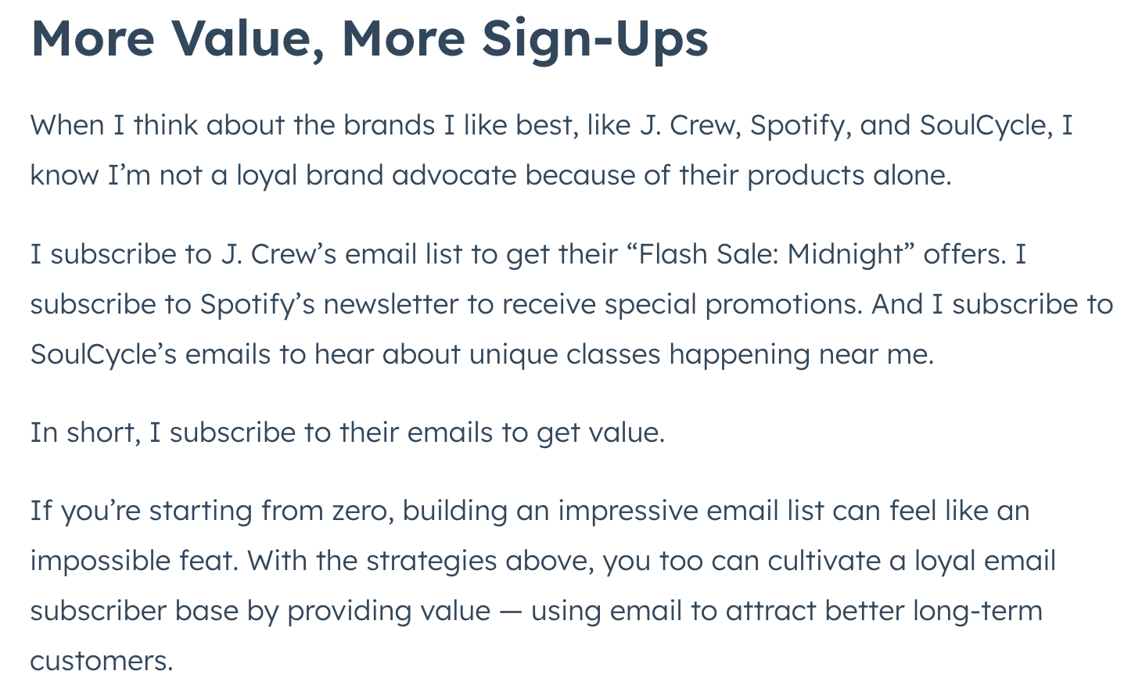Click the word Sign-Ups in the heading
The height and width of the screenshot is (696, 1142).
click(x=594, y=41)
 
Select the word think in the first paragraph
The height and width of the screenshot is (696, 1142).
click(x=166, y=125)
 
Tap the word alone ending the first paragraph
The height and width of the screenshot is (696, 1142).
click(x=912, y=175)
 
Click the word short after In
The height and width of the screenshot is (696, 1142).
click(x=103, y=432)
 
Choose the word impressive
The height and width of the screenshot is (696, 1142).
click(x=628, y=511)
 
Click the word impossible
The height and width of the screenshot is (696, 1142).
click(x=100, y=561)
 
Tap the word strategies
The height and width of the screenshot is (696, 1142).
click(x=431, y=561)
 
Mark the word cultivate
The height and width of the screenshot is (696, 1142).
click(x=824, y=561)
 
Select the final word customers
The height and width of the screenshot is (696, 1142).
click(x=102, y=662)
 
